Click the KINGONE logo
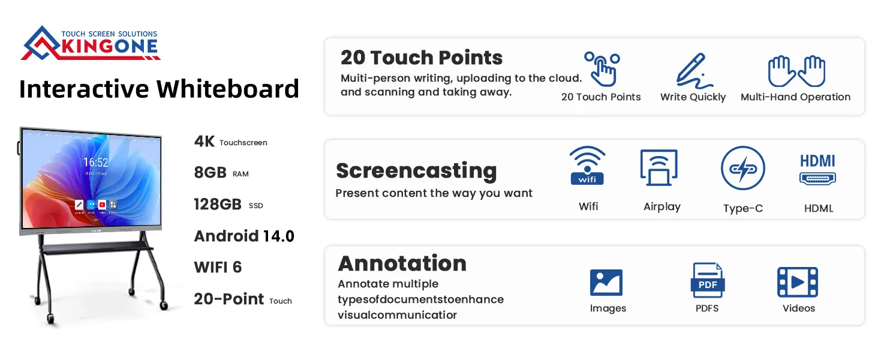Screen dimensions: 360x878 (90, 43)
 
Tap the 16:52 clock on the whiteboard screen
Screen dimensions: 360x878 (95, 163)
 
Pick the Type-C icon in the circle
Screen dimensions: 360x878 (743, 169)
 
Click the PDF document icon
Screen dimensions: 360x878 (708, 280)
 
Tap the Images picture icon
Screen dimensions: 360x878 (606, 282)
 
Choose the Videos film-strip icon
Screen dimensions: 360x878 (798, 282)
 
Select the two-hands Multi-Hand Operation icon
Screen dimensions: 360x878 (796, 71)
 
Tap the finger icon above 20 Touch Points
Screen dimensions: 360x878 (602, 68)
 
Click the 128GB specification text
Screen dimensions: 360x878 (218, 205)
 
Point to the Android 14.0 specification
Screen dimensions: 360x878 (244, 236)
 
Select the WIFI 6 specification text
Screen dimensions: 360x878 (218, 268)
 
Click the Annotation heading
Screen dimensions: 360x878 (402, 263)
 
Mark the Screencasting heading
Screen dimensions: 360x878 (416, 170)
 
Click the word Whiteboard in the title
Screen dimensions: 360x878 (228, 89)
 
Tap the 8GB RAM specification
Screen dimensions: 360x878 (211, 173)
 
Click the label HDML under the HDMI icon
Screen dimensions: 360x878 (819, 209)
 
